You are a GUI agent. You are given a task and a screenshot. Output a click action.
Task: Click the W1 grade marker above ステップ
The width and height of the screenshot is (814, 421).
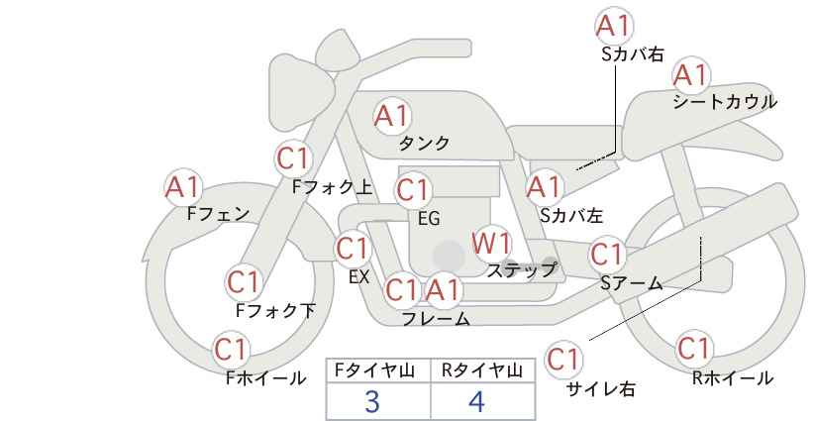coord(490,244)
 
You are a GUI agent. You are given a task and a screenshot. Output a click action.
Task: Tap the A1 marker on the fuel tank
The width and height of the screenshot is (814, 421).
coord(392,116)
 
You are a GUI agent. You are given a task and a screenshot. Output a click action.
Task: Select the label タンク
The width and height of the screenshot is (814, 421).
coord(424,143)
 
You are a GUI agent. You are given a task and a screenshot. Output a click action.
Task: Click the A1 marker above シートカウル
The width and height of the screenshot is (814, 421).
coord(690,75)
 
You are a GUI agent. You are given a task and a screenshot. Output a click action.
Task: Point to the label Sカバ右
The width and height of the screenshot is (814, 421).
coord(633,54)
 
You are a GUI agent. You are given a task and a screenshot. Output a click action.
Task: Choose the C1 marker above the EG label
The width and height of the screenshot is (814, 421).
coord(413,190)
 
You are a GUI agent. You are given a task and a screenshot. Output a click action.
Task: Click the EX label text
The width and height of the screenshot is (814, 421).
coord(358,276)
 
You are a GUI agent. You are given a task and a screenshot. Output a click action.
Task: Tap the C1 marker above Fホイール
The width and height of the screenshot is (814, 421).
coord(231,350)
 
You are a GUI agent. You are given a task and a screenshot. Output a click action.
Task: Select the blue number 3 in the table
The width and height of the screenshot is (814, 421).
coord(372,401)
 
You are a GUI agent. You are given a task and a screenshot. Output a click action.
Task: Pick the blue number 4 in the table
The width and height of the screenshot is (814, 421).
coord(476,401)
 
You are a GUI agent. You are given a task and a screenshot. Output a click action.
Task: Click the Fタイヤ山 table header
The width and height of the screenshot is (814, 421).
coord(374,370)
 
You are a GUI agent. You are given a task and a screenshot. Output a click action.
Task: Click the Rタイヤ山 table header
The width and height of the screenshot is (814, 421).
coord(481,370)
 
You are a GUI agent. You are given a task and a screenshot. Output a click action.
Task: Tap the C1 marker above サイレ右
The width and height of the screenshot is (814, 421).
coord(563,359)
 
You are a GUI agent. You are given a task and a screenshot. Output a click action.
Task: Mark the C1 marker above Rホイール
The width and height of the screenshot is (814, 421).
coord(693,349)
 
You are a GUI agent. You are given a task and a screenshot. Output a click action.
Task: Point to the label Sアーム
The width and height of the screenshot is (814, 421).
coord(632,283)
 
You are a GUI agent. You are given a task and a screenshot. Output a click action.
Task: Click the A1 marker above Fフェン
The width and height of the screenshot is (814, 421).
coord(182,187)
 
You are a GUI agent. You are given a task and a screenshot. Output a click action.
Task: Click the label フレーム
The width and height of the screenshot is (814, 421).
coord(436,318)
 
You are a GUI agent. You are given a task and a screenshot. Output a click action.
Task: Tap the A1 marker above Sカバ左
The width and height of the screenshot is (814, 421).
coord(544,187)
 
